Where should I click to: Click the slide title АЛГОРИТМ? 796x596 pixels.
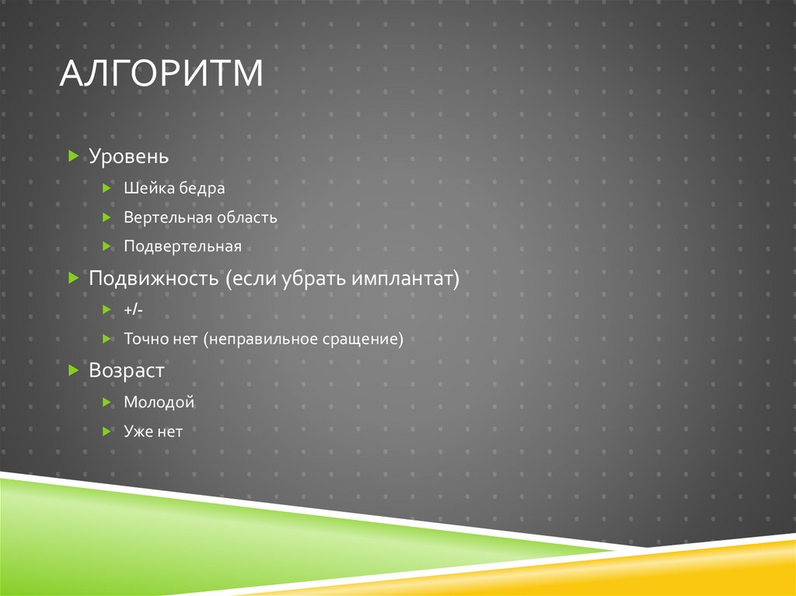162,75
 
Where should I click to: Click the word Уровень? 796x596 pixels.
128,156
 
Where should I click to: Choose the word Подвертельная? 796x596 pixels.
183,246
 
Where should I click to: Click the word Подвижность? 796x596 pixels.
154,278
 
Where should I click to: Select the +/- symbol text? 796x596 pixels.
133,310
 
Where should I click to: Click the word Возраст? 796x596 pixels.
127,371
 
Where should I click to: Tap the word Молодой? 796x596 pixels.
159,403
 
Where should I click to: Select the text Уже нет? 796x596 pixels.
152,431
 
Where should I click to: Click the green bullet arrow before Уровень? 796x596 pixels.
73,156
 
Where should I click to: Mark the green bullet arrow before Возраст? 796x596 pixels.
73,371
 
